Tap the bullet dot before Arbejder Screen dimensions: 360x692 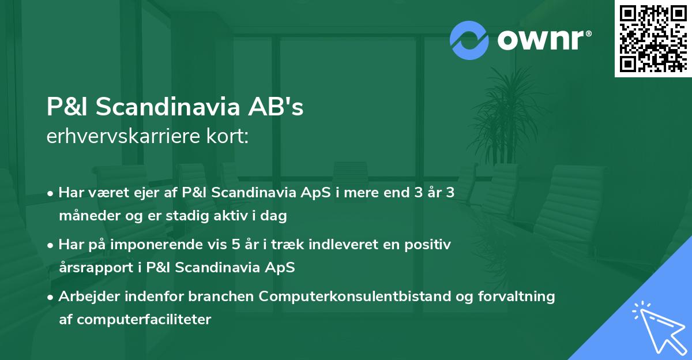pyautogui.click(x=51, y=297)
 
